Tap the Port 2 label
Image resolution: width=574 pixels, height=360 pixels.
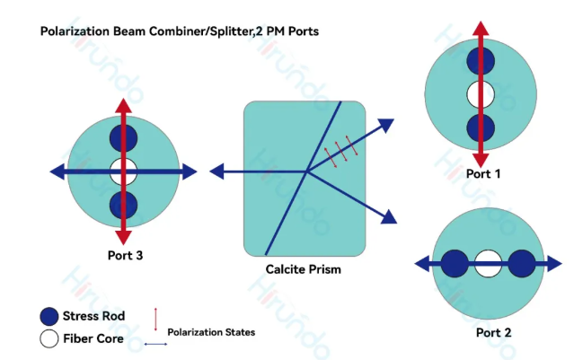pos(493,333)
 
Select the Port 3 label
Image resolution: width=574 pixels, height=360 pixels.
pos(124,255)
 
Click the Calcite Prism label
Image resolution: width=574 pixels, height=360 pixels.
pos(303,268)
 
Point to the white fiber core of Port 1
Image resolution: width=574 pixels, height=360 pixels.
pos(482,92)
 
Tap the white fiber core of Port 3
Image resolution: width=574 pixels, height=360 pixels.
pos(123,171)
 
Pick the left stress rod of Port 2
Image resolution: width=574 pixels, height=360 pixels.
pos(455,264)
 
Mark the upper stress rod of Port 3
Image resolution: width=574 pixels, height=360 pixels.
pos(123,137)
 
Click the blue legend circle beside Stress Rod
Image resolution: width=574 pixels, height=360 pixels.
pos(49,316)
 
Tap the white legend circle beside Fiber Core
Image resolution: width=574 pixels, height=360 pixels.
pos(49,338)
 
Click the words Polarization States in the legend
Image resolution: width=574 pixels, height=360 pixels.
pos(211,332)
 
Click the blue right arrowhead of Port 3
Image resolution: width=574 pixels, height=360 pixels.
pos(190,171)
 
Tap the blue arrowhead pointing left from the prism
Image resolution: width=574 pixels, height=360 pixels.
pos(217,171)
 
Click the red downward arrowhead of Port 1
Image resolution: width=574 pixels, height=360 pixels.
pos(482,158)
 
